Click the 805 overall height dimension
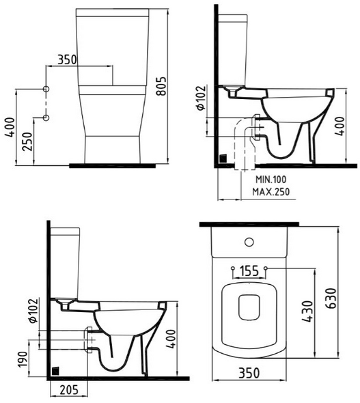161,86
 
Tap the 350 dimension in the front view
67,59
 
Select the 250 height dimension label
28,141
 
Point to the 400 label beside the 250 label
10,127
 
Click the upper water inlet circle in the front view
46,89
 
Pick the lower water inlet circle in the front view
46,117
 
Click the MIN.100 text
271,180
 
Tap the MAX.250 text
271,192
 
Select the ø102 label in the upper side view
202,98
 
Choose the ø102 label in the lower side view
33,310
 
